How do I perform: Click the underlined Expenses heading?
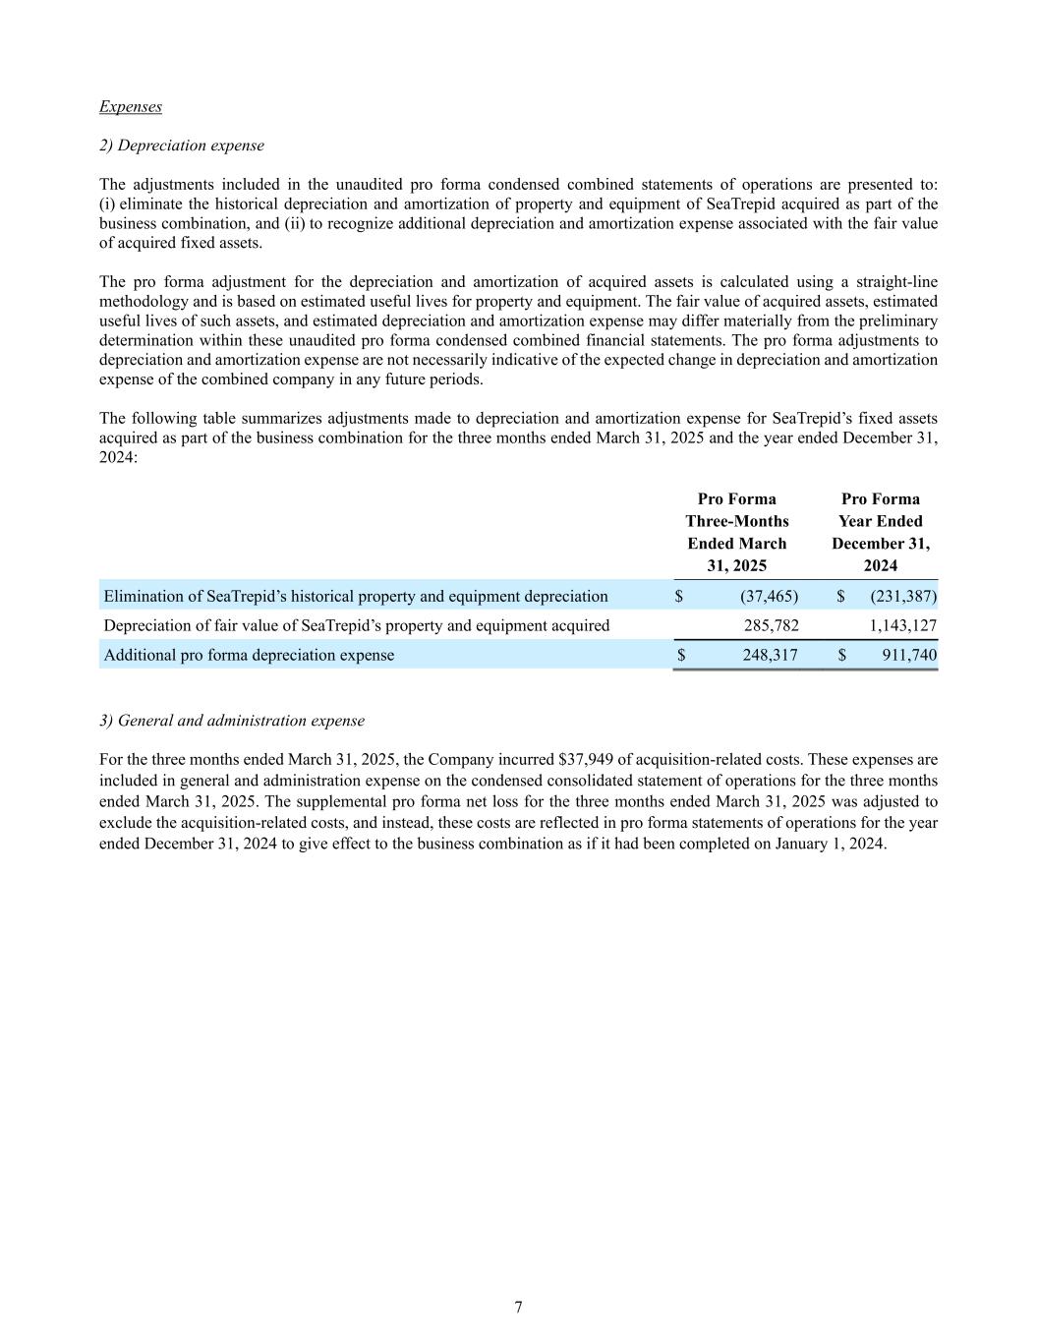pos(131,106)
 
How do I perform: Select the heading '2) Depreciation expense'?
pos(182,146)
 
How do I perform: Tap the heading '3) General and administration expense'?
pos(232,721)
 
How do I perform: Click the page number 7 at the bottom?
pos(518,1307)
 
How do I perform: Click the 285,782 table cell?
pos(771,625)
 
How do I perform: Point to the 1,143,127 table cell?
pos(903,625)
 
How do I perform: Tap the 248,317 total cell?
pos(771,655)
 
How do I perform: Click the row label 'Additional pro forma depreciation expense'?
pos(249,655)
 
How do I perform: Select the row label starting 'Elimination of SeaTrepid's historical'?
pos(356,596)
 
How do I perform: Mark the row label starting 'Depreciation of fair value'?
pos(357,625)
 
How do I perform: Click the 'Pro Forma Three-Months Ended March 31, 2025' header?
pos(736,532)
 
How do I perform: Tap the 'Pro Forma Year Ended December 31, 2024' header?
pos(880,532)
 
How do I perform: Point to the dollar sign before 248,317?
pos(679,655)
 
